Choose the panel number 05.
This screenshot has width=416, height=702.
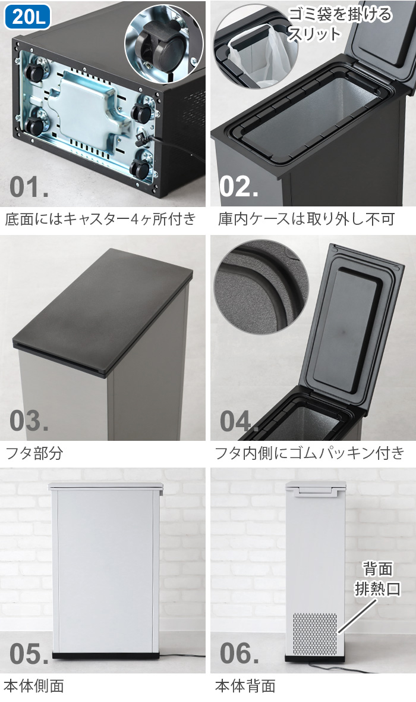coord(29,653)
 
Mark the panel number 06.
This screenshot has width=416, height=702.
coord(239,653)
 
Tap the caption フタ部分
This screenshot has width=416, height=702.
coord(34,453)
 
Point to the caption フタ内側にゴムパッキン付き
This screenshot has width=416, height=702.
coord(310,453)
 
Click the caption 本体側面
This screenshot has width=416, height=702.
coord(34,686)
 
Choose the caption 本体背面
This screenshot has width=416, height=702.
coord(245,686)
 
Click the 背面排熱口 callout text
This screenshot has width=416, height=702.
coord(377,581)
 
